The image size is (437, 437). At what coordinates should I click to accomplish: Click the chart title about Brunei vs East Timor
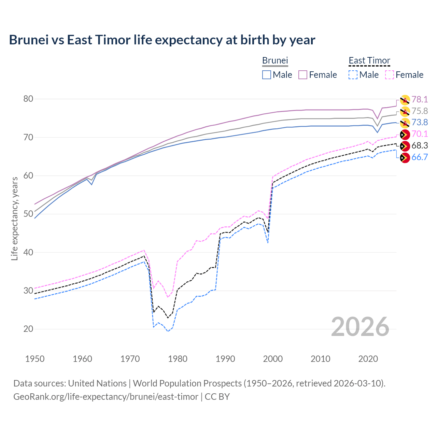coord(162,40)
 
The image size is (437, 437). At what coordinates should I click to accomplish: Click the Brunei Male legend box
coord(267,75)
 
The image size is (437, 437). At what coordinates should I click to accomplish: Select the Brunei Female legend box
coord(303,75)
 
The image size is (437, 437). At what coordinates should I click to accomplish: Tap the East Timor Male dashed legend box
coord(353,75)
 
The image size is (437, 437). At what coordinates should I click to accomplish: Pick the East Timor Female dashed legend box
coord(389,75)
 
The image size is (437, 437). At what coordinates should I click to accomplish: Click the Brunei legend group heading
coord(275,60)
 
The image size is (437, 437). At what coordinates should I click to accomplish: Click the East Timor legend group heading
coord(369,60)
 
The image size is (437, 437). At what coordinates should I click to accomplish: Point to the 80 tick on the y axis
coord(28,99)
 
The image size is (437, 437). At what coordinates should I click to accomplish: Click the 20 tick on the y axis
coord(28,329)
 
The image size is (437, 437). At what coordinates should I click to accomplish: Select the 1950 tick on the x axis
coord(35,359)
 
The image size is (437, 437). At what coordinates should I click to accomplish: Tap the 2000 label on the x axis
coord(273,359)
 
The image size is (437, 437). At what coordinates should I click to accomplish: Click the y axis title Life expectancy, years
coord(14,218)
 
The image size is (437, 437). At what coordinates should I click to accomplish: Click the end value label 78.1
coord(420,99)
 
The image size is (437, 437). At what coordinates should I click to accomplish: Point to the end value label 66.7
coord(420,157)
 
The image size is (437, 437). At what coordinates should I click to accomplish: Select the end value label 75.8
coord(420,111)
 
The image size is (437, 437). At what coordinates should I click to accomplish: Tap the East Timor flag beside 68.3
coord(405,146)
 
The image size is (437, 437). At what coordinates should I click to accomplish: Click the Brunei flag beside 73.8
coord(405,123)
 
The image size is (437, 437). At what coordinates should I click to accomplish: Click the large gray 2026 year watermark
coord(360,327)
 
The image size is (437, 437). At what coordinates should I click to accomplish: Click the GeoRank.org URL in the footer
coord(106,397)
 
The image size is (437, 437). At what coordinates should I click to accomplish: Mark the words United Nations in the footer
coord(97,383)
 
